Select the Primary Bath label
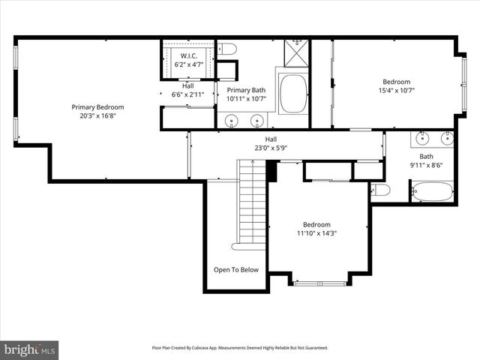click(x=246, y=89)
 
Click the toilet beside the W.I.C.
click(x=229, y=49)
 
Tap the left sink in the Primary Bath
click(x=232, y=119)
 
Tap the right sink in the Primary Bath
click(x=257, y=119)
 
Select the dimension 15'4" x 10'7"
click(x=397, y=91)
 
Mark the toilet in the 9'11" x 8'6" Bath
click(x=380, y=190)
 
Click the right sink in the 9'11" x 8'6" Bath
click(x=447, y=137)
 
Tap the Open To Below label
click(x=236, y=270)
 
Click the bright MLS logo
click(x=30, y=349)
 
